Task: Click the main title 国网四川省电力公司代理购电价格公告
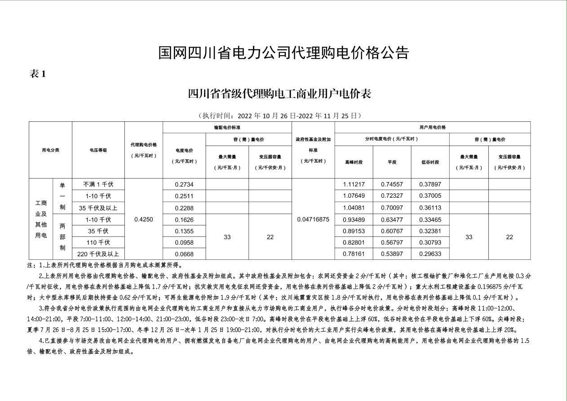pos(283,53)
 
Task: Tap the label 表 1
pos(38,74)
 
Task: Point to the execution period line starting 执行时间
pos(280,116)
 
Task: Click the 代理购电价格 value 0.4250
pos(144,219)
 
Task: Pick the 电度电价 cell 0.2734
pos(184,184)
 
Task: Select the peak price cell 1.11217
pos(354,184)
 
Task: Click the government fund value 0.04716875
pos(313,219)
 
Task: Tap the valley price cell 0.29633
pos(430,254)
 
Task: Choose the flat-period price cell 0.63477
pos(392,219)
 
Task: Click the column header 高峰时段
pos(354,162)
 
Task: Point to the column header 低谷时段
pos(430,162)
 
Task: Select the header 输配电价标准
pos(227,127)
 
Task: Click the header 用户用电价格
pos(432,127)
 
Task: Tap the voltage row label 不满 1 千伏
pos(98,184)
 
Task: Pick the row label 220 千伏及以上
pos(98,254)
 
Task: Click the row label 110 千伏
pos(98,243)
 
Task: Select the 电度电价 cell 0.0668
pos(184,254)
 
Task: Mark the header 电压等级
pos(98,150)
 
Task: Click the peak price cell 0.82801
pos(354,243)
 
